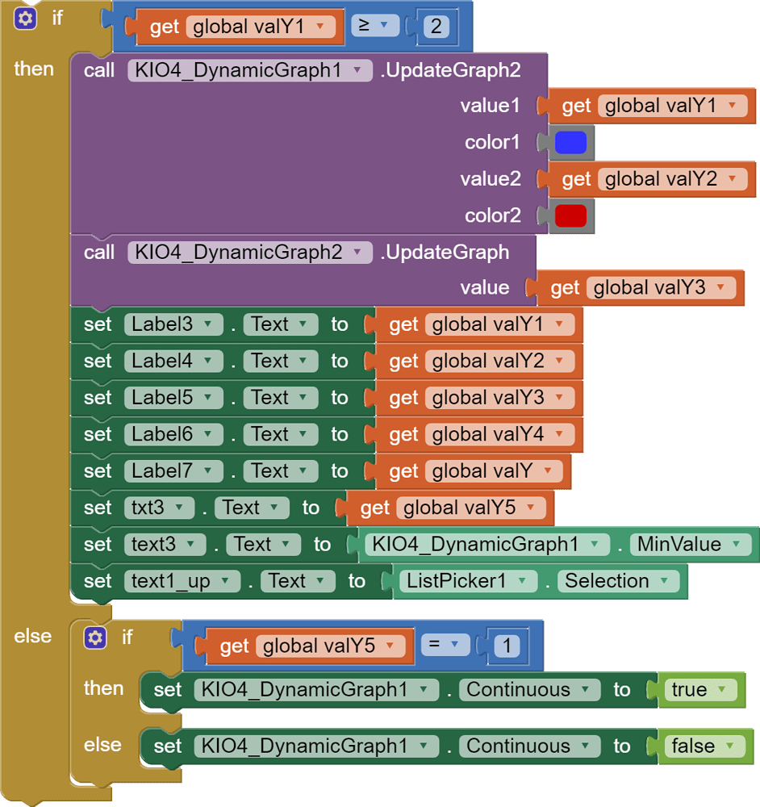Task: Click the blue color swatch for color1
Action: point(570,143)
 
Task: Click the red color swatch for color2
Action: point(570,215)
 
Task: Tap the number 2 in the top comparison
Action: point(436,27)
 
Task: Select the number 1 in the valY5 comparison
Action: point(507,646)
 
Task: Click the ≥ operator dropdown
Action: point(375,26)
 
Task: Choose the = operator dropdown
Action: point(445,645)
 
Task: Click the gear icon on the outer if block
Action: point(25,19)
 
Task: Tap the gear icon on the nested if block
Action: point(95,638)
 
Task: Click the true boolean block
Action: point(698,690)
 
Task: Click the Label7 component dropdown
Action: point(173,471)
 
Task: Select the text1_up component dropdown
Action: point(182,581)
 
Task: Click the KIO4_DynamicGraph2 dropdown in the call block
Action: point(250,253)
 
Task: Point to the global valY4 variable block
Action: point(479,435)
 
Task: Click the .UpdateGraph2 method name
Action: point(451,70)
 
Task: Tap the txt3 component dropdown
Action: point(159,508)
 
